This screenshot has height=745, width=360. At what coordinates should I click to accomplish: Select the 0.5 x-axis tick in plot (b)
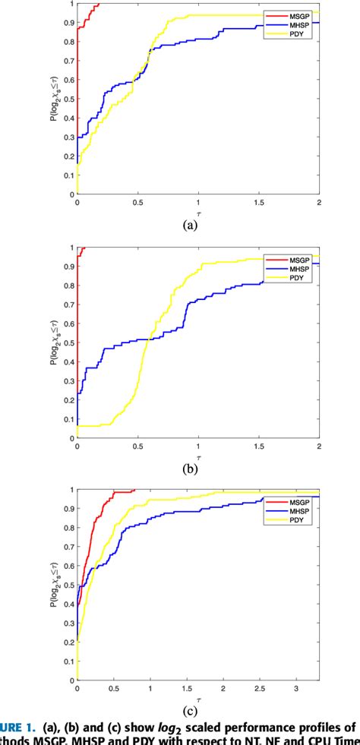point(137,447)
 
